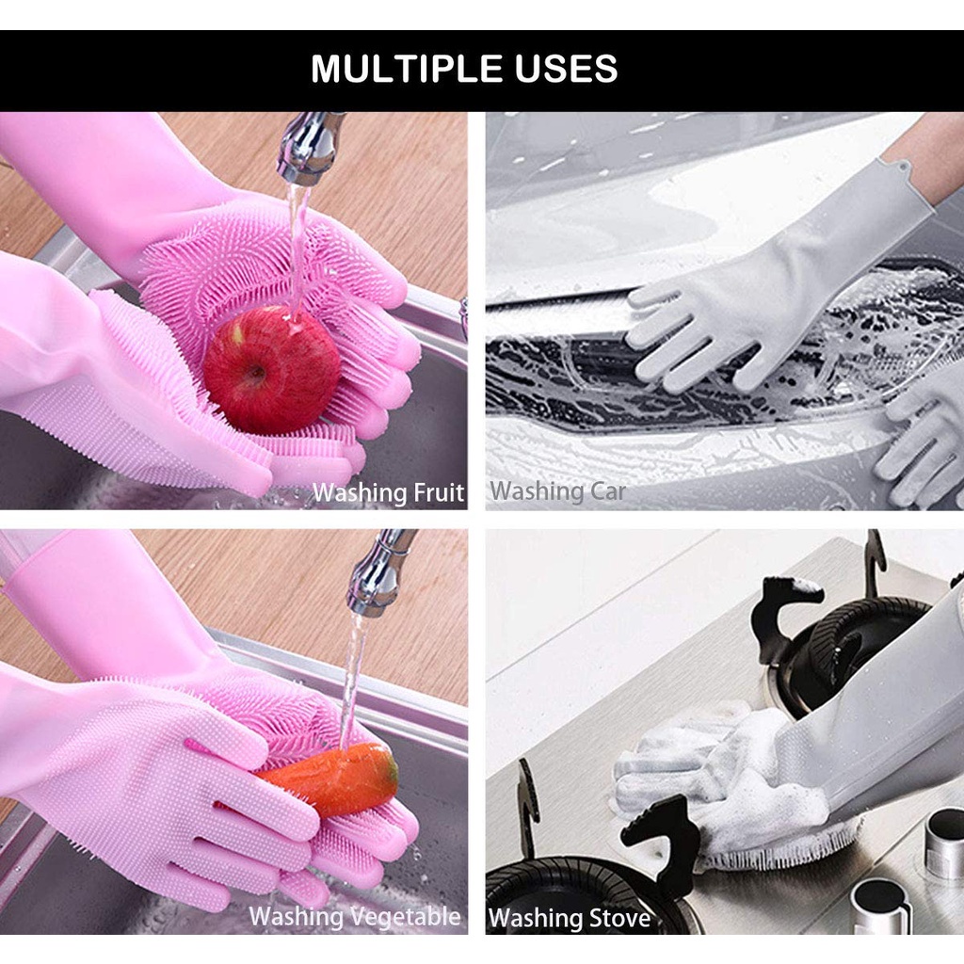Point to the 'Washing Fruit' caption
click(x=388, y=492)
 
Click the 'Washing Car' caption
click(x=557, y=490)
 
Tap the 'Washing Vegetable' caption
click(x=354, y=916)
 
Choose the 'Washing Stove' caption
click(x=570, y=918)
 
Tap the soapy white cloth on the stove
click(x=725, y=781)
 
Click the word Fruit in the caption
click(x=440, y=492)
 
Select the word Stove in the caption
click(x=619, y=918)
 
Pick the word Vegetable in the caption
click(x=405, y=916)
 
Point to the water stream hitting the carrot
click(x=354, y=678)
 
